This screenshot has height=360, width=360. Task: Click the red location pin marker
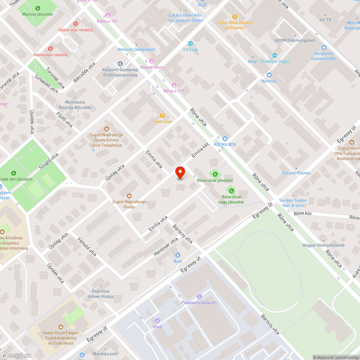point(180,173)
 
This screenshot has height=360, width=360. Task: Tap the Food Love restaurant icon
point(162,116)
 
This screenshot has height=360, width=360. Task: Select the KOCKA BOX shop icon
point(225,138)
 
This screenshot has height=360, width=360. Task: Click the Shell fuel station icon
point(157,321)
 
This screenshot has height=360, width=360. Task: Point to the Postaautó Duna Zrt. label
point(200,303)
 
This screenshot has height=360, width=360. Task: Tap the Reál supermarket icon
point(178,255)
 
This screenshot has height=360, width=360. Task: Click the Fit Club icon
point(190,44)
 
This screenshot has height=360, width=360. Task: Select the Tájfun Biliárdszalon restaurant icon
point(235,16)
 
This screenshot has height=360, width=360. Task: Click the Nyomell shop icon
point(269,75)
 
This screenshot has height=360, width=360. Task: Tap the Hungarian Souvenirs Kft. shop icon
point(323,47)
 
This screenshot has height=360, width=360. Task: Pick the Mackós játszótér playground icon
point(38,8)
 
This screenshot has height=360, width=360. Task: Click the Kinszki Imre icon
point(152,61)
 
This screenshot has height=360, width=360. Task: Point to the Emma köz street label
point(200,149)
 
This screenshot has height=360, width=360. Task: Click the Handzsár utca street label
point(166,246)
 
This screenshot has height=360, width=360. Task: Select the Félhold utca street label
point(87,247)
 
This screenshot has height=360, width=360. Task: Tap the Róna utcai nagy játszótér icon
point(230,190)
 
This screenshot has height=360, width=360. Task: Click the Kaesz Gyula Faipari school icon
point(60,327)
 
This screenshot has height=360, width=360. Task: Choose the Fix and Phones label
point(296,173)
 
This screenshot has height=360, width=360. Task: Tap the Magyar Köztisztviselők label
point(324,246)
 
